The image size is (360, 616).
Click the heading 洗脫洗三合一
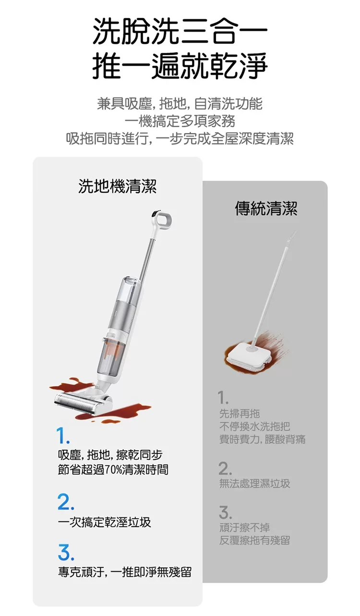pyautogui.click(x=180, y=31)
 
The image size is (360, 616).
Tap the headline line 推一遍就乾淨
pyautogui.click(x=180, y=66)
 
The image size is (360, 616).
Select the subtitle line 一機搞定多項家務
pyautogui.click(x=180, y=121)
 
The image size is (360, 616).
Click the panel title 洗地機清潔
pyautogui.click(x=118, y=186)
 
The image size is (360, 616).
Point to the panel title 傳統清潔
pyautogui.click(x=266, y=208)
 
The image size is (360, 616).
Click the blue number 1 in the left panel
pyautogui.click(x=62, y=436)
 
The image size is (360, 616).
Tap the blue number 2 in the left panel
pyautogui.click(x=66, y=502)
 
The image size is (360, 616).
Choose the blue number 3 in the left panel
pyautogui.click(x=66, y=553)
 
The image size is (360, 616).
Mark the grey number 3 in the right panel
pyautogui.click(x=225, y=513)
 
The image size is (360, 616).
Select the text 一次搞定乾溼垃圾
pyautogui.click(x=105, y=522)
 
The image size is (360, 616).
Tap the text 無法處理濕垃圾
pyautogui.click(x=254, y=483)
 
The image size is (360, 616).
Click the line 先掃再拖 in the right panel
pyautogui.click(x=240, y=413)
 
